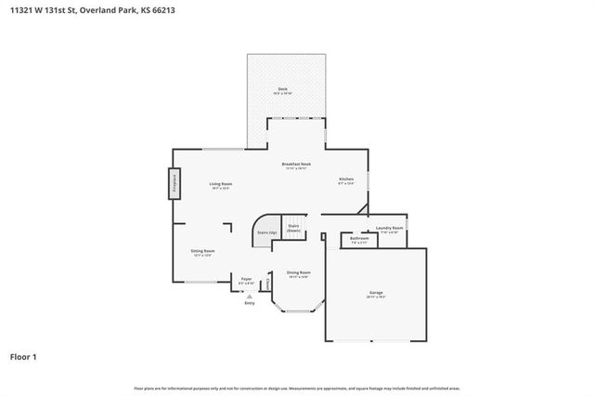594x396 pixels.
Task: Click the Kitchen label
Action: pos(345,180)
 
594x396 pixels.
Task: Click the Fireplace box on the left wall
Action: pos(174,183)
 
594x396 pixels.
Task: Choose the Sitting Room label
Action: pos(202,252)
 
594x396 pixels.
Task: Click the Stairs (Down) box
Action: pos(293,229)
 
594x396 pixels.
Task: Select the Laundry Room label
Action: pos(389,229)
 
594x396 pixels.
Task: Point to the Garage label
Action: pos(376,294)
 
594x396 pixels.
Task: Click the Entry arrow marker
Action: pos(248,296)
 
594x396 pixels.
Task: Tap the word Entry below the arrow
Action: pos(249,303)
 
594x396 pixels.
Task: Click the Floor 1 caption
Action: pos(23,356)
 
